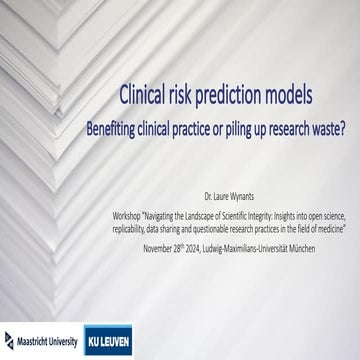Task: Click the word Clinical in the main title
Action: click(145, 96)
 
